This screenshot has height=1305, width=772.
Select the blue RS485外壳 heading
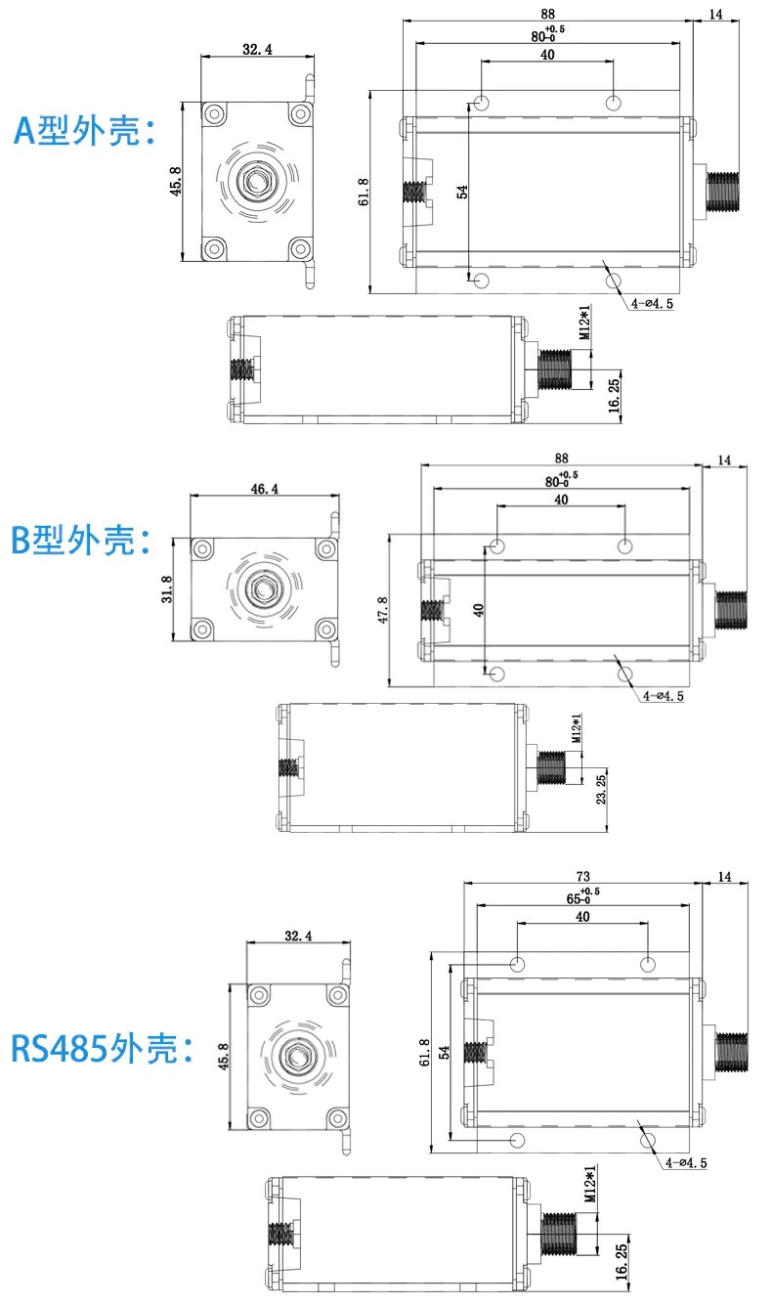tap(103, 1049)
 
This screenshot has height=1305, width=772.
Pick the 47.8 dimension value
tap(382, 610)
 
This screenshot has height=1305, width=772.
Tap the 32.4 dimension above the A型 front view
tap(255, 48)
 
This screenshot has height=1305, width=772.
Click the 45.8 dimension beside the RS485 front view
tap(224, 1058)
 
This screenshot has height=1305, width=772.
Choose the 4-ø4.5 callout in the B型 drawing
tap(664, 696)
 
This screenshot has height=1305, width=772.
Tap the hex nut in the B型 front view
tap(262, 587)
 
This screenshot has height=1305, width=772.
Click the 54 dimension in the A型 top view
tap(462, 193)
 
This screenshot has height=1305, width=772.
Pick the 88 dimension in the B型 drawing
tap(561, 457)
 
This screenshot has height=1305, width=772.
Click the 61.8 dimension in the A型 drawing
tap(364, 193)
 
